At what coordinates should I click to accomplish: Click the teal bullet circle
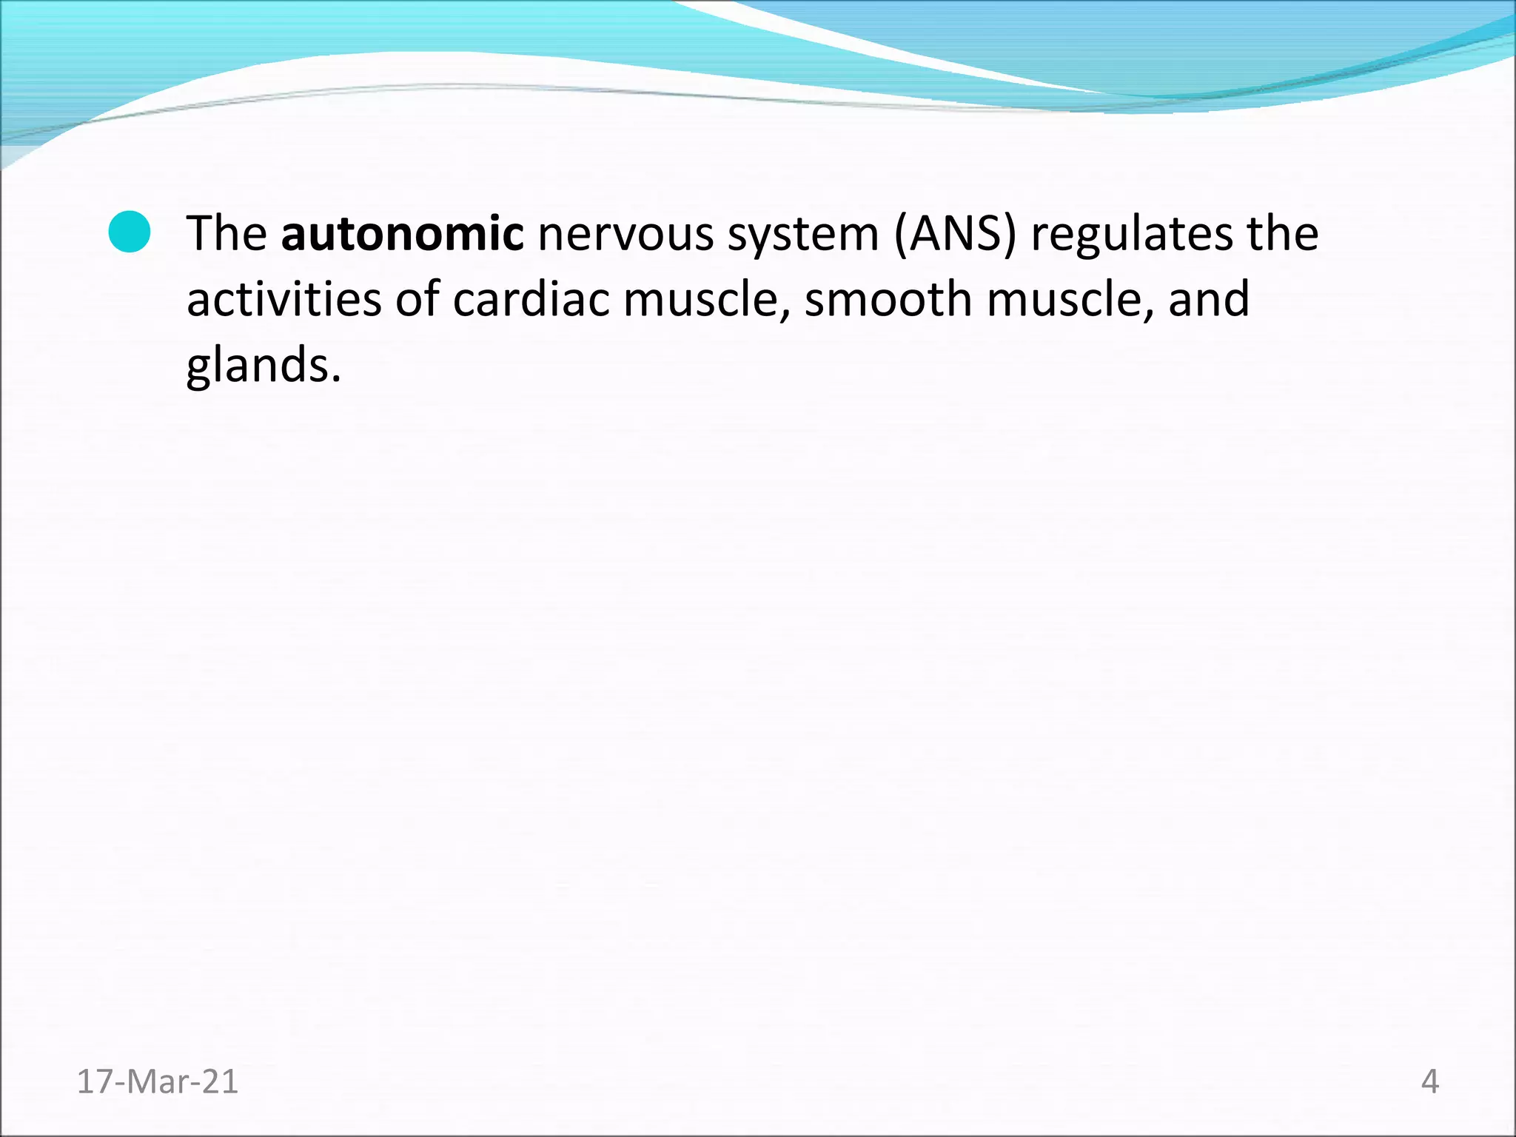pos(130,232)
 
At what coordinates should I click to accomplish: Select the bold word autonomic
pos(402,233)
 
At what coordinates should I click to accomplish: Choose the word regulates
pos(1132,235)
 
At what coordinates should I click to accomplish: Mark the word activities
pos(284,299)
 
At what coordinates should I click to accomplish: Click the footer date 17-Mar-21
pos(158,1082)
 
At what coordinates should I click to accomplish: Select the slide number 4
pos(1429,1082)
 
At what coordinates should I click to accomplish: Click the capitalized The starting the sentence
pos(227,233)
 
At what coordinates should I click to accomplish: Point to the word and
pos(1209,299)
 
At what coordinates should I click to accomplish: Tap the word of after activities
pos(417,299)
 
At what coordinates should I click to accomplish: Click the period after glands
pos(336,379)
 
